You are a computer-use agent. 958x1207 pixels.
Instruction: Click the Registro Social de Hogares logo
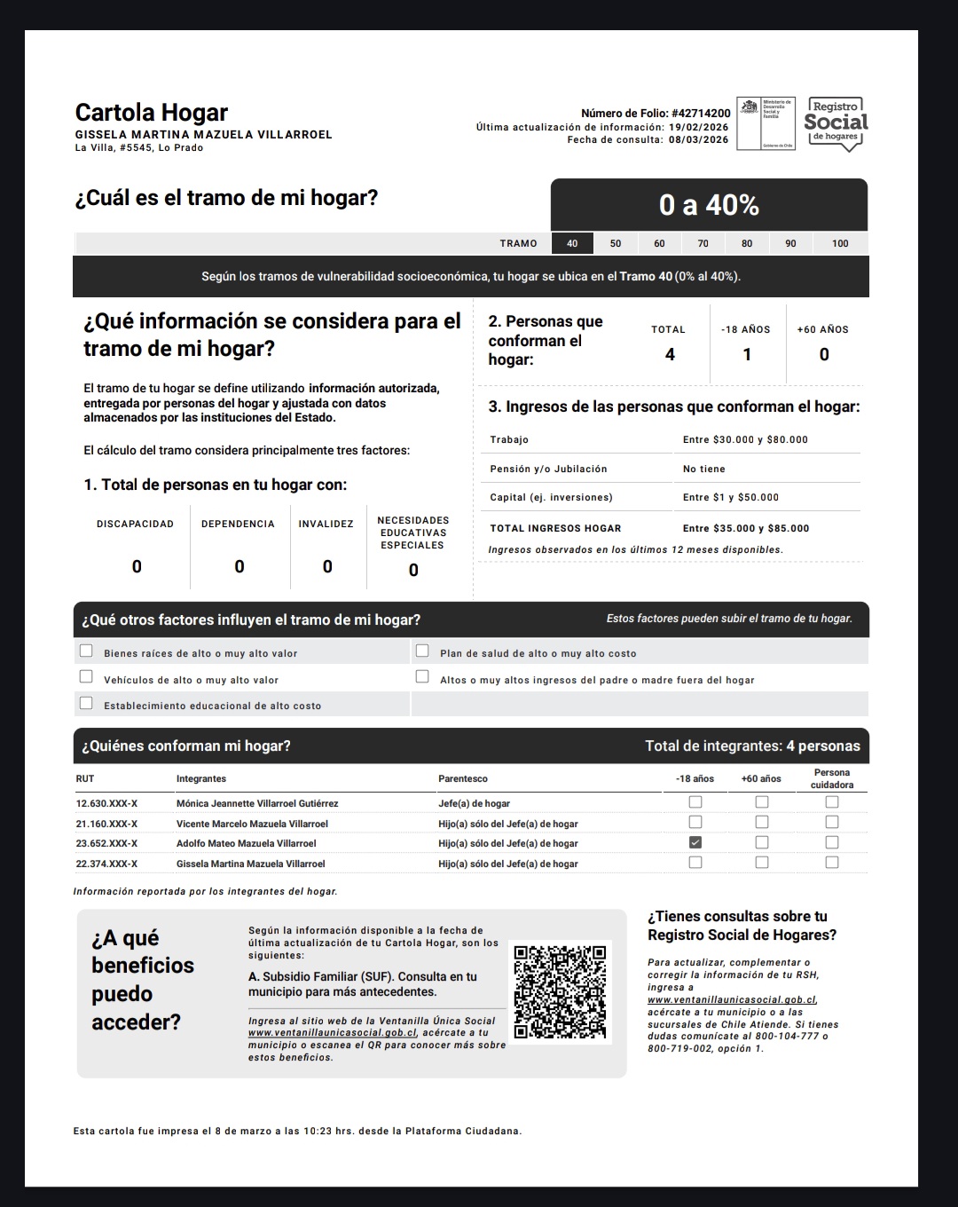coord(836,123)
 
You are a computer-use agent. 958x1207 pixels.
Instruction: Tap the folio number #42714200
coord(701,114)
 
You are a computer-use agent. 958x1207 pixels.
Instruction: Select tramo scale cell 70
coord(703,243)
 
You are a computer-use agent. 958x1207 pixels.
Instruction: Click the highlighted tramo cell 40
coord(572,243)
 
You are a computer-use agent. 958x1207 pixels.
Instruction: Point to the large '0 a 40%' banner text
coord(709,205)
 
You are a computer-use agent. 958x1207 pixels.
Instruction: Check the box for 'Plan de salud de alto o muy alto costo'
coord(422,651)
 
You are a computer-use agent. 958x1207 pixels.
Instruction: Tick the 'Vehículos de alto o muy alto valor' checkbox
coord(86,677)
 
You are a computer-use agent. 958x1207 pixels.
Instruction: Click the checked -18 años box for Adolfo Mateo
coord(695,842)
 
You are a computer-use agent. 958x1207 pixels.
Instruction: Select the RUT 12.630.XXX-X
coord(106,803)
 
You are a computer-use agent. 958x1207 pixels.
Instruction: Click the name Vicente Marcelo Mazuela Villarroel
coord(252,824)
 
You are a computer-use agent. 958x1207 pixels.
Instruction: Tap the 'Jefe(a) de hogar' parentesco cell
coord(474,803)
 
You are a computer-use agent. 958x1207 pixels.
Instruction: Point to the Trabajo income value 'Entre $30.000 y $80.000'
coord(745,439)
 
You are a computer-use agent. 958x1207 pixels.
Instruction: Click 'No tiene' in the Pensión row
coord(704,469)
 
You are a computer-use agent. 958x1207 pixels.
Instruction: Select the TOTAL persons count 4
coord(670,354)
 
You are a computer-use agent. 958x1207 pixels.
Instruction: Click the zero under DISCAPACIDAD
coord(137,566)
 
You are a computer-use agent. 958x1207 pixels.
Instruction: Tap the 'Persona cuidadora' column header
coord(831,778)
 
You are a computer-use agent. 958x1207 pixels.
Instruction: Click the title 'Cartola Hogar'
coord(152,113)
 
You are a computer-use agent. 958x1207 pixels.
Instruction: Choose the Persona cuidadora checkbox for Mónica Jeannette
coord(831,802)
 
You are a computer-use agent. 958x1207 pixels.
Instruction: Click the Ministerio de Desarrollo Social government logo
coord(765,123)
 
